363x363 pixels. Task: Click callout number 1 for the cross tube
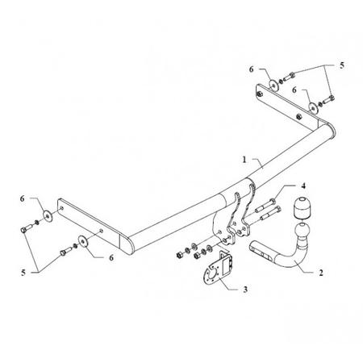click(244, 160)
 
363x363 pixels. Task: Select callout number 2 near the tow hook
click(321, 273)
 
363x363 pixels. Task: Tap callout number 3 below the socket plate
click(245, 290)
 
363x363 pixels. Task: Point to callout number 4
click(303, 186)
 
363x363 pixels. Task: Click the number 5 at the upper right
click(342, 65)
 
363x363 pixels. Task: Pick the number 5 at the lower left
click(23, 273)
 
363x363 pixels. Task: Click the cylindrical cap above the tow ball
click(302, 208)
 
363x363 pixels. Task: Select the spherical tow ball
click(302, 231)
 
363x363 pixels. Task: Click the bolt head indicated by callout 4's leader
click(273, 201)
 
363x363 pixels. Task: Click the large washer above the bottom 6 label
click(83, 241)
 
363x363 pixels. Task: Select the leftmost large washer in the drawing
click(48, 215)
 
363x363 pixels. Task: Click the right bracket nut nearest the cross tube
click(298, 116)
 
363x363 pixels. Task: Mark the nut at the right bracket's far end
click(260, 94)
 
